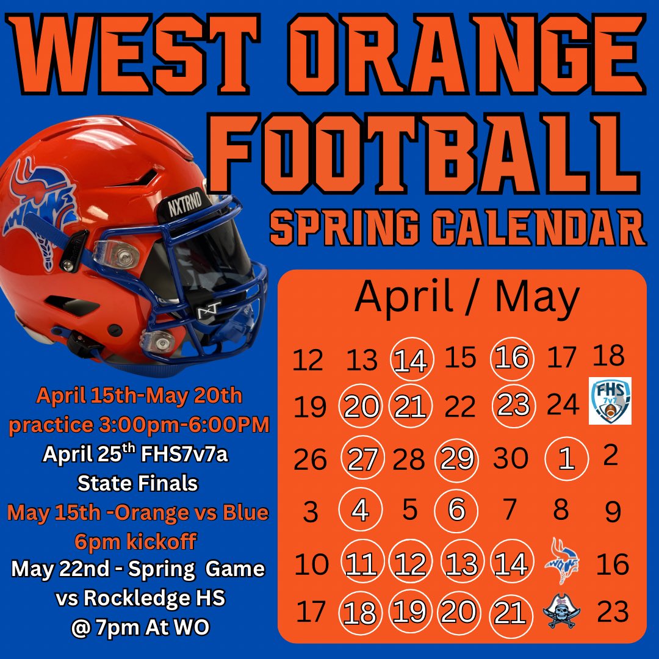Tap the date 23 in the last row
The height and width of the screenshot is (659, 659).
(613, 612)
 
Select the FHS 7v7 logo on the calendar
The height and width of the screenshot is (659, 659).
(610, 401)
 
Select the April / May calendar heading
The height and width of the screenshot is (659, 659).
(467, 297)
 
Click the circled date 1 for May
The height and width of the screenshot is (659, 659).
(567, 459)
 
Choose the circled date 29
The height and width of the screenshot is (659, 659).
(457, 459)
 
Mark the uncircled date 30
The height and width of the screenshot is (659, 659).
(511, 459)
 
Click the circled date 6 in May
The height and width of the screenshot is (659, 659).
(457, 510)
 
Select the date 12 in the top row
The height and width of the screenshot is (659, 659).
(308, 361)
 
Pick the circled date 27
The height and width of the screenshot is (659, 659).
(361, 459)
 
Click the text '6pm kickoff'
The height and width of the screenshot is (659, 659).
(138, 541)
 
